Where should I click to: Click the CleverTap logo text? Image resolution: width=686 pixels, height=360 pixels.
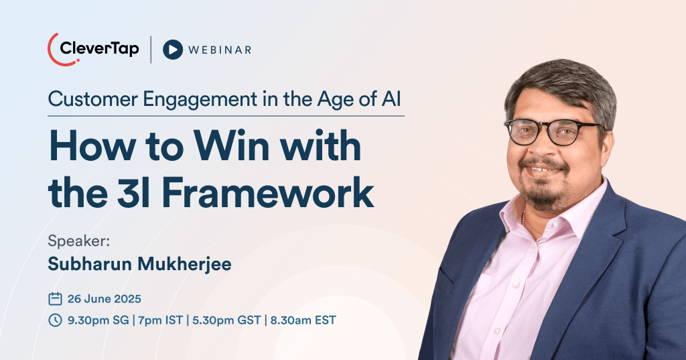[99, 49]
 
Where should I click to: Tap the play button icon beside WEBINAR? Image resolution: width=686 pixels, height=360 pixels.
[173, 50]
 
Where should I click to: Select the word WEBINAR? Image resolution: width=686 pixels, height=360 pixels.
[220, 50]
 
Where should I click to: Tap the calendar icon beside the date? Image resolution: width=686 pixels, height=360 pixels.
[55, 298]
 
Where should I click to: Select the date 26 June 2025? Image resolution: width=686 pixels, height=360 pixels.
[104, 298]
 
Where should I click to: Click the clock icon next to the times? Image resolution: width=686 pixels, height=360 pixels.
[55, 320]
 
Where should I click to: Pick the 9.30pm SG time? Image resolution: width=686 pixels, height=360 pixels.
[98, 320]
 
